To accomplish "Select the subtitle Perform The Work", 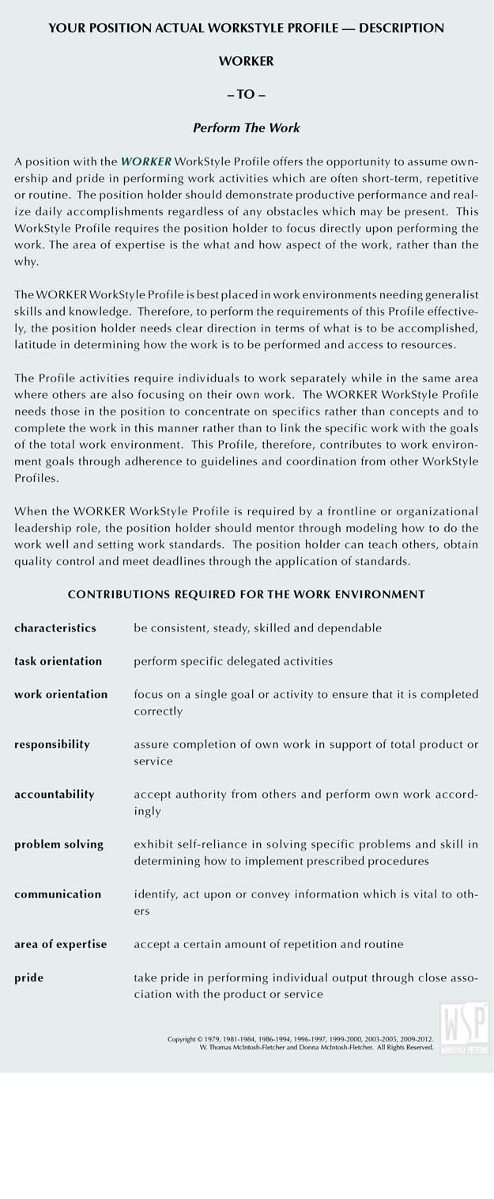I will (247, 127).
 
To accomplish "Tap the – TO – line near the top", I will (247, 94).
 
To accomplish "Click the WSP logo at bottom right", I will (465, 1027).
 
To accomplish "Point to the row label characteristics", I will (55, 628).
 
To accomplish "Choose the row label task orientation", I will (58, 661).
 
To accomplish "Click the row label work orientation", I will (61, 694).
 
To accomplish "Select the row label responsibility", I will (52, 744).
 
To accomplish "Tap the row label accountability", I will (54, 794).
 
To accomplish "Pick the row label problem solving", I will (58, 844).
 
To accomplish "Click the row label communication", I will (58, 894).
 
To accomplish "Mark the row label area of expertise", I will (60, 943).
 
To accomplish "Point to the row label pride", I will (28, 977).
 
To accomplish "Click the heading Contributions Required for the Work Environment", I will (247, 594).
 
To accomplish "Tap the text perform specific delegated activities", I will (233, 661).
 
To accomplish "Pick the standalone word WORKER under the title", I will (247, 61).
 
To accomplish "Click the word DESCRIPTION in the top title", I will (402, 28).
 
